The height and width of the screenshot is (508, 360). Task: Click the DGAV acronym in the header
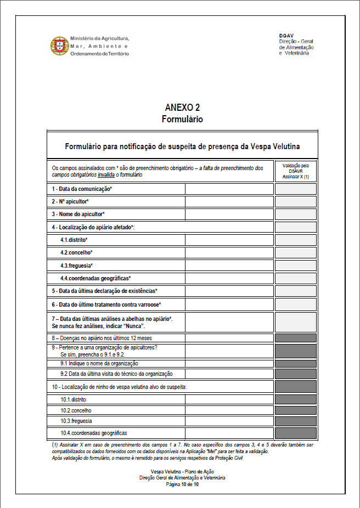[286, 36]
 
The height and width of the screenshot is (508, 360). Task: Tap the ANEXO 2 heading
[182, 108]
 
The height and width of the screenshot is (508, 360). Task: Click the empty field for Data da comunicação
[229, 189]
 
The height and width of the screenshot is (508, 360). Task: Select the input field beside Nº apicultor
[229, 201]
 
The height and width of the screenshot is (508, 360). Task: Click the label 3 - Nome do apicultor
[78, 214]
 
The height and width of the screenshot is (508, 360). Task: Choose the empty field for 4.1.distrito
[229, 240]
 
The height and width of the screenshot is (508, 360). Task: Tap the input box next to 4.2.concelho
[229, 252]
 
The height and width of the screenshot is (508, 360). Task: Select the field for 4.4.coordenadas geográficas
[229, 278]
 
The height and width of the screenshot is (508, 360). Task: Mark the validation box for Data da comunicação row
[295, 189]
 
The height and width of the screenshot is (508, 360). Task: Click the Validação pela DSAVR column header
[295, 171]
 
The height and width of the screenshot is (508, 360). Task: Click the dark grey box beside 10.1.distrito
[295, 399]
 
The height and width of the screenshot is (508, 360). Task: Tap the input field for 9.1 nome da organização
[229, 363]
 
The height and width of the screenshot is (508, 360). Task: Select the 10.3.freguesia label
[76, 421]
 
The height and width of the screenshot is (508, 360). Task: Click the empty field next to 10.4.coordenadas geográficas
[229, 432]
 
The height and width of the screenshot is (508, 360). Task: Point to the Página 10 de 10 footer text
[182, 484]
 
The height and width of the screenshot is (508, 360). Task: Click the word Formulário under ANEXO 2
[182, 118]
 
